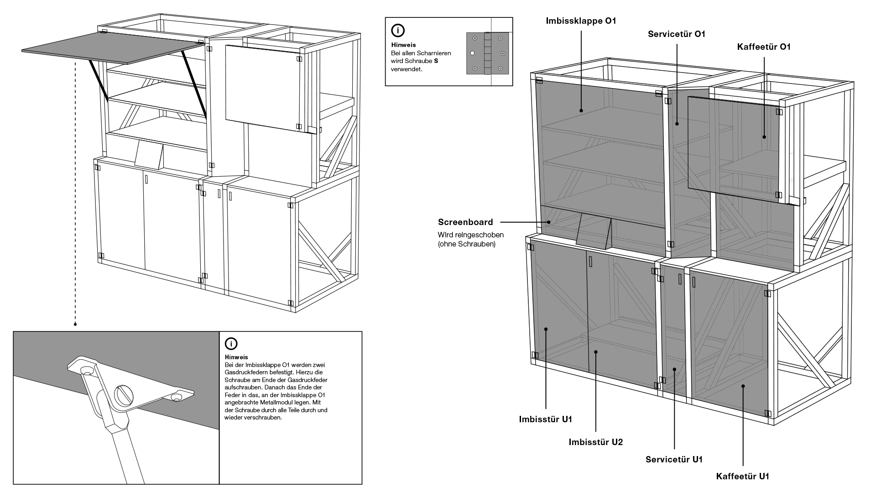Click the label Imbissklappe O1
(581, 21)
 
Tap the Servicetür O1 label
(677, 34)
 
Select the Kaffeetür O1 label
(764, 47)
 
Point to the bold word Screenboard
(465, 222)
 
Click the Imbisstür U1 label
(545, 419)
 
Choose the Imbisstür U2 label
(595, 442)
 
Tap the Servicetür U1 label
(674, 459)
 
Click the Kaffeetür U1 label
(742, 477)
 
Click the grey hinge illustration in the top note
(487, 53)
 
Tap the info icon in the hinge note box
(398, 31)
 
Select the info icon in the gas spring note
(231, 344)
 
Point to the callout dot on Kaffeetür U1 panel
(743, 386)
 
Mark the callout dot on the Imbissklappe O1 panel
(581, 110)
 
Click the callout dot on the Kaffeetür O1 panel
(764, 136)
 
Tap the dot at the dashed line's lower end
(75, 325)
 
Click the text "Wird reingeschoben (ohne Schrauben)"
(470, 239)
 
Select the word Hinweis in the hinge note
(403, 45)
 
